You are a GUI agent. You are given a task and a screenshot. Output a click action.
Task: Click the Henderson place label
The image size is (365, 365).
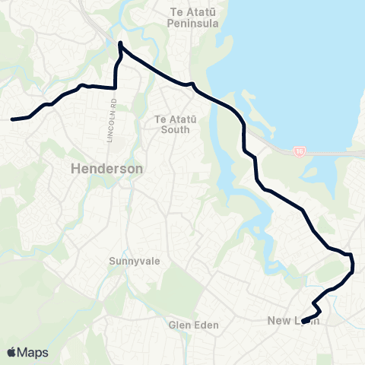[x=106, y=170]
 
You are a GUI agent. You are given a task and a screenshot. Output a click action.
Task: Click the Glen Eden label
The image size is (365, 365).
[x=193, y=325]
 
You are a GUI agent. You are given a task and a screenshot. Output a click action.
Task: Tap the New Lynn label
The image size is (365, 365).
[x=293, y=320]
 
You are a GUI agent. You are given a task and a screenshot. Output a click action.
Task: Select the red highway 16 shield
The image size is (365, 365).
[x=300, y=151]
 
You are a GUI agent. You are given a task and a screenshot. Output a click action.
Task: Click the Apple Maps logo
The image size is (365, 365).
[x=27, y=352]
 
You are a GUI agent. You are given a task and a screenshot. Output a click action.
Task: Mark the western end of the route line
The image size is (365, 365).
[x=11, y=119]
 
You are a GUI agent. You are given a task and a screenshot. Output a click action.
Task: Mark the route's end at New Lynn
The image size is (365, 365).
[x=303, y=322]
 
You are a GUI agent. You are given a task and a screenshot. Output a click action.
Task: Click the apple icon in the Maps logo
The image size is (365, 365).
[x=11, y=351]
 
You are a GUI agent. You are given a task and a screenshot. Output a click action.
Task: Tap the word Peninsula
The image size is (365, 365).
[x=193, y=24]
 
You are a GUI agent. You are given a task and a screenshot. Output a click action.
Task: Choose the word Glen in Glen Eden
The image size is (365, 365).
[x=180, y=325]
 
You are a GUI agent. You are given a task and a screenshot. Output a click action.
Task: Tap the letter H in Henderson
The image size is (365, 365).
[x=74, y=170]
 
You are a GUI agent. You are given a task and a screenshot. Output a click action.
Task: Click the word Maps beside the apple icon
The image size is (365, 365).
[x=33, y=352]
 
